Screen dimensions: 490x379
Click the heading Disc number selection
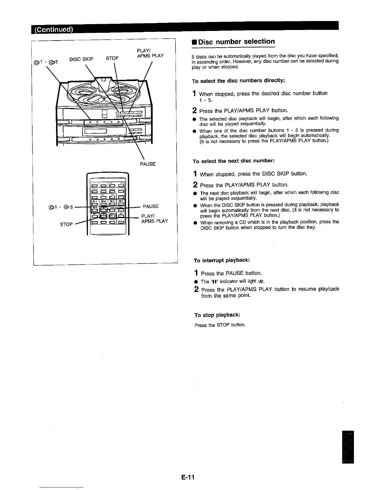pyautogui.click(x=236, y=42)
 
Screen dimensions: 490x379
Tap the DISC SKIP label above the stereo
pyautogui.click(x=81, y=59)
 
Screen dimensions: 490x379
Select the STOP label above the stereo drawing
pyautogui.click(x=112, y=58)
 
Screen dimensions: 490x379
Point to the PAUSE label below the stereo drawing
pyautogui.click(x=148, y=164)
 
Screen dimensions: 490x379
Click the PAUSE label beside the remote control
pyautogui.click(x=151, y=206)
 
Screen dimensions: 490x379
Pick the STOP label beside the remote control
pyautogui.click(x=66, y=224)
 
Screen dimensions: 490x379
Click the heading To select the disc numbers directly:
pyautogui.click(x=238, y=81)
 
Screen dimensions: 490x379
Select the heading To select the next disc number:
pyautogui.click(x=233, y=161)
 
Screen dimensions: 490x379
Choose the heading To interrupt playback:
pyautogui.click(x=222, y=260)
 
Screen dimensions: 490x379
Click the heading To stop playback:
pyautogui.click(x=217, y=315)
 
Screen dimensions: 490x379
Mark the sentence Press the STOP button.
pyautogui.click(x=220, y=325)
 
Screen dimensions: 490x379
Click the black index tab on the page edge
pyautogui.click(x=348, y=447)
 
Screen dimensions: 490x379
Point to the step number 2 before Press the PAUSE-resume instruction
pyautogui.click(x=196, y=290)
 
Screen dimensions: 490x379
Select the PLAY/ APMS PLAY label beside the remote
pyautogui.click(x=154, y=218)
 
